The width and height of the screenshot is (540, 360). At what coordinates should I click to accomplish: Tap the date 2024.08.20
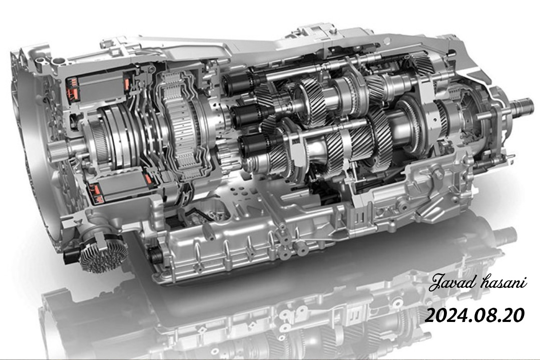[x=474, y=315]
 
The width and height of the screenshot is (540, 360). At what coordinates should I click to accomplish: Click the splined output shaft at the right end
[x=522, y=107]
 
